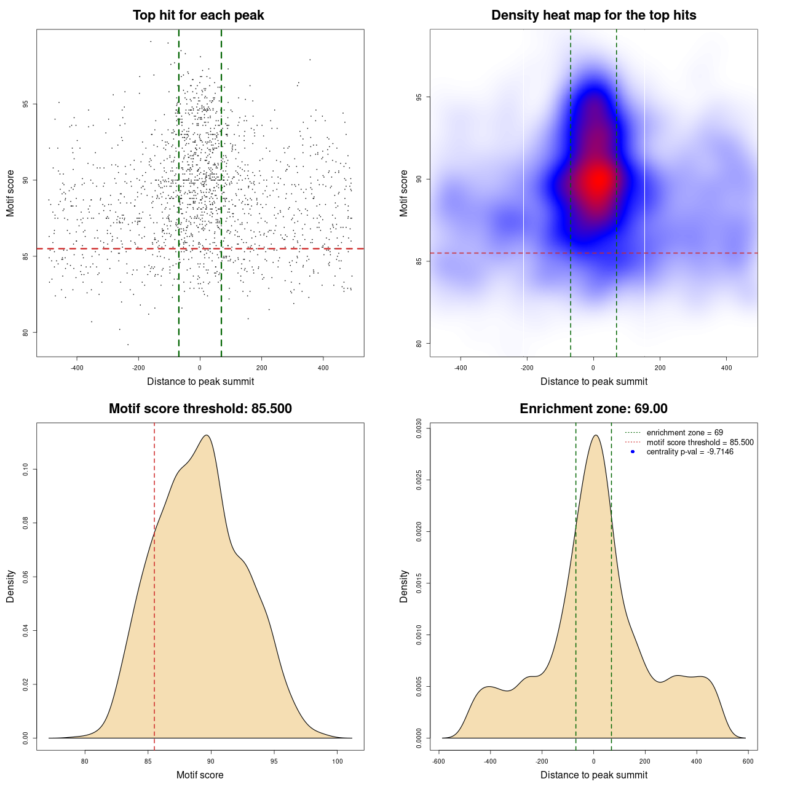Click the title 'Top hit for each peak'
click(198, 15)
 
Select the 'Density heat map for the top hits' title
click(593, 15)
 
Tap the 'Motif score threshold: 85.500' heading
click(200, 409)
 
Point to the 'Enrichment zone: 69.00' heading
click(593, 409)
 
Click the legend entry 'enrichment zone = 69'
click(684, 433)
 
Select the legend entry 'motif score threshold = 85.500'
click(700, 443)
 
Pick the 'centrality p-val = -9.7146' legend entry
click(690, 452)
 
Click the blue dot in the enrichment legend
click(633, 452)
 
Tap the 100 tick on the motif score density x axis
click(337, 761)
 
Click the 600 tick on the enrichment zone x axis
click(748, 761)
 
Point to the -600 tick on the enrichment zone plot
click(438, 761)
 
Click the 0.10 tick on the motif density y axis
click(25, 470)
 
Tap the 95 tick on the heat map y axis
click(419, 97)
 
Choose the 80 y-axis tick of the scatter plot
click(25, 333)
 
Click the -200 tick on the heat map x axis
click(527, 368)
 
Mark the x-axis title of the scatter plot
click(200, 382)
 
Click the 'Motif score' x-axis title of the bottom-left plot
click(200, 775)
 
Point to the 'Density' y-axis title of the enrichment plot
click(404, 586)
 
